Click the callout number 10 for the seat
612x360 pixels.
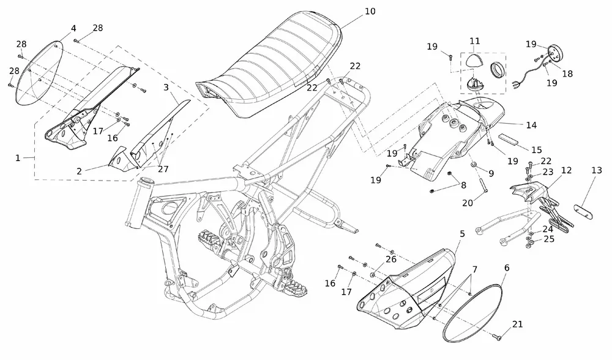coord(370,12)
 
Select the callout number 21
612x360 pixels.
coord(518,324)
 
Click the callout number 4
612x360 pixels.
coord(73,29)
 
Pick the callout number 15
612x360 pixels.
coord(536,149)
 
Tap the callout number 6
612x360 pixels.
coord(506,268)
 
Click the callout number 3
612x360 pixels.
coord(166,88)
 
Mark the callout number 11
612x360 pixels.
coord(475,40)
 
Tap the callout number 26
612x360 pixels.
coord(390,258)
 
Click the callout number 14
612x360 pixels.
coord(531,125)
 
